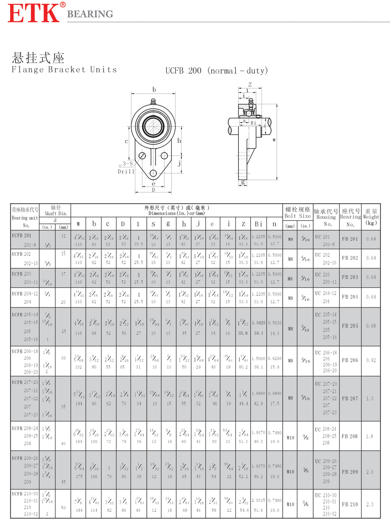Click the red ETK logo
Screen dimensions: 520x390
pyautogui.click(x=34, y=13)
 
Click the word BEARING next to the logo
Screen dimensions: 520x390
pyautogui.click(x=90, y=14)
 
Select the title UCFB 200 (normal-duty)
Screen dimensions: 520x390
pyautogui.click(x=217, y=71)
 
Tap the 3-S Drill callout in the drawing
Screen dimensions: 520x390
pyautogui.click(x=126, y=167)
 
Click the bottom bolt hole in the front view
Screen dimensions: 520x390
pyautogui.click(x=153, y=173)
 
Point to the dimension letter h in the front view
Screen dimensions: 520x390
pyautogui.click(x=179, y=141)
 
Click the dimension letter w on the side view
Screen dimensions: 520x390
pyautogui.click(x=274, y=140)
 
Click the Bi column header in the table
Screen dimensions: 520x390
pyautogui.click(x=258, y=224)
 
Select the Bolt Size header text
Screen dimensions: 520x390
pyautogui.click(x=297, y=216)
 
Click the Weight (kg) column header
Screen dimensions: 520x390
pyautogui.click(x=371, y=217)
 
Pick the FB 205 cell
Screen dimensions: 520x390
pyautogui.click(x=350, y=326)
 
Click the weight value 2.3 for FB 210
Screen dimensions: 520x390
pyautogui.click(x=370, y=504)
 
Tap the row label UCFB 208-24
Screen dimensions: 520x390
pyautogui.click(x=25, y=428)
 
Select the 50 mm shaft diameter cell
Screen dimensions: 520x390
pyautogui.click(x=63, y=508)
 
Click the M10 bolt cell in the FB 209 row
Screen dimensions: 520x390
pyautogui.click(x=290, y=472)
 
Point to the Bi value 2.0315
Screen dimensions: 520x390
pyautogui.click(x=258, y=500)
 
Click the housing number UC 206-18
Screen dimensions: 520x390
pyautogui.click(x=326, y=353)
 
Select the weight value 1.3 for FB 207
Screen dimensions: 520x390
pyautogui.click(x=370, y=398)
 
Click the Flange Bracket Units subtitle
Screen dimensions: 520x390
pyautogui.click(x=64, y=70)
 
